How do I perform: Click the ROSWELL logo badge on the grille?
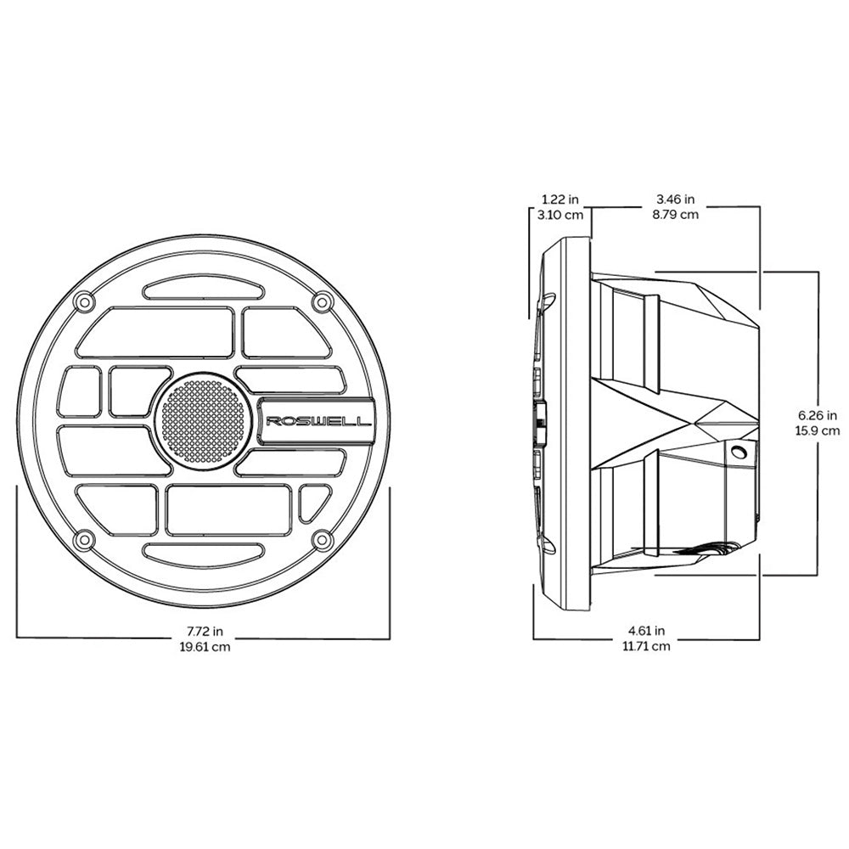318,420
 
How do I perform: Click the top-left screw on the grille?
83,301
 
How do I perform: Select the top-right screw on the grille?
321,301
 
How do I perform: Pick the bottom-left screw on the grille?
83,539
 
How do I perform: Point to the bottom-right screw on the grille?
321,539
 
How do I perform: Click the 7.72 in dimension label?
205,632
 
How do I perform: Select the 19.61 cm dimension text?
205,647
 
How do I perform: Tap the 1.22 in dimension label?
560,200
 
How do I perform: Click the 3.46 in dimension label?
676,200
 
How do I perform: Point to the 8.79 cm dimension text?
676,215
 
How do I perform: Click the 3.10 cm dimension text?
560,215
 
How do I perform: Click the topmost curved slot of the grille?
202,290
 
